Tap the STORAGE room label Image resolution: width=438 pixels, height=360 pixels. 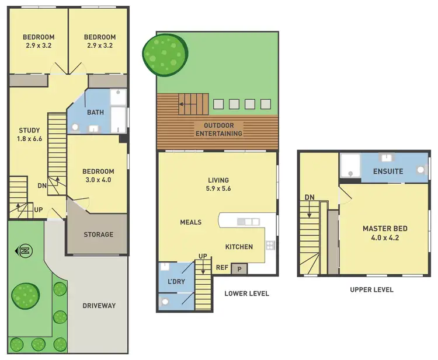tap(98, 235)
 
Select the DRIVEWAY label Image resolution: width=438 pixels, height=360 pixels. tap(99, 305)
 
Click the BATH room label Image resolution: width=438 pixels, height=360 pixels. tap(95, 112)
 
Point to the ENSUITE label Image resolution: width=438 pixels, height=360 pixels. tap(388, 172)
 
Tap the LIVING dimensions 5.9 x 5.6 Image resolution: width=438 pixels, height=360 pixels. tap(218, 189)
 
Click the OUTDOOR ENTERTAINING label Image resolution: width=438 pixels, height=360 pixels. tap(218, 130)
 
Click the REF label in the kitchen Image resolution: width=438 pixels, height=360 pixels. tap(222, 268)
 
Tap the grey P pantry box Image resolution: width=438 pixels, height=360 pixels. tap(239, 268)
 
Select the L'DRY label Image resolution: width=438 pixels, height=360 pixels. tap(176, 282)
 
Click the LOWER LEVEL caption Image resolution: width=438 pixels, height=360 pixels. tap(246, 293)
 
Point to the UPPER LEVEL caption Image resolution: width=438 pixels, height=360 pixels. tap(371, 289)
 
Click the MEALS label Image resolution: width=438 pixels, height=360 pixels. tap(191, 222)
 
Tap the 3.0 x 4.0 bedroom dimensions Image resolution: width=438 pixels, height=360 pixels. tap(98, 180)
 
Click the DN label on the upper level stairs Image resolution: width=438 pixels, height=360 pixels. tap(309, 197)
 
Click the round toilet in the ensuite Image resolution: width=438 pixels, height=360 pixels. tap(420, 172)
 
